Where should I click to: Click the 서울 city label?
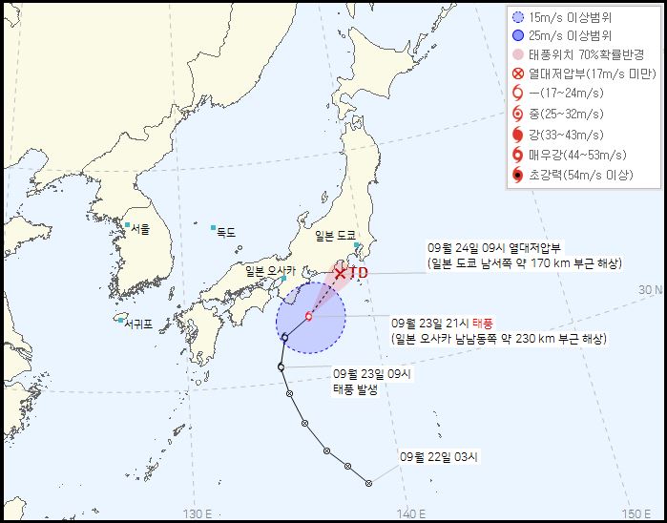coord(140,229)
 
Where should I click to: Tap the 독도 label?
coord(226,231)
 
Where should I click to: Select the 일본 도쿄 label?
coord(334,234)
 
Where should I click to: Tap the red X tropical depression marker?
coord(341,274)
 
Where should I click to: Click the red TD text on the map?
coord(358,273)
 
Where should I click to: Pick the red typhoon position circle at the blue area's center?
coord(308,316)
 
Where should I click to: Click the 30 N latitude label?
coord(650,289)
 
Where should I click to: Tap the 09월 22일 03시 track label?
coord(439,457)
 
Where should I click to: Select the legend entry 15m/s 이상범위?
coord(573,16)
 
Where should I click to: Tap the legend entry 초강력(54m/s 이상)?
coord(583,175)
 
